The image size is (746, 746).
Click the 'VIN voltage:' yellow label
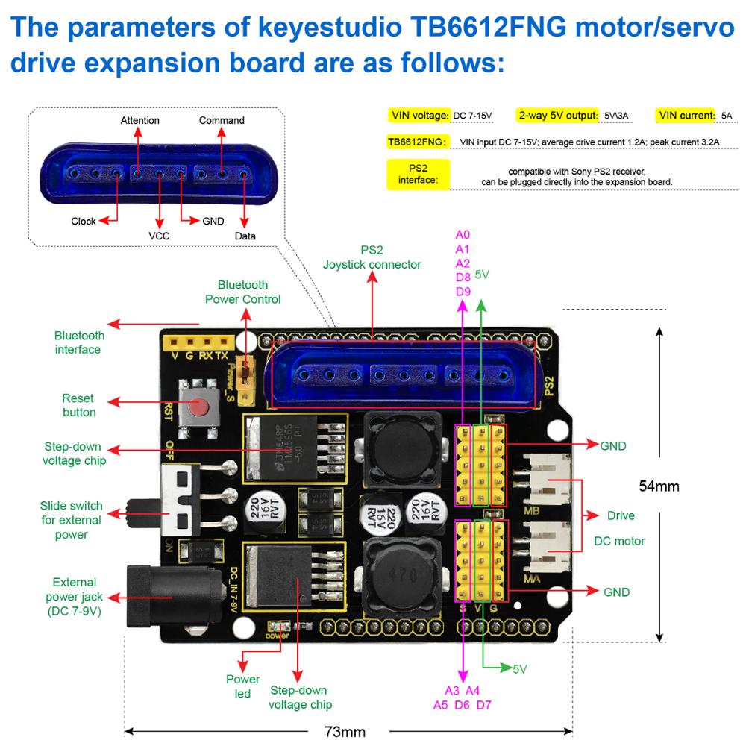(x=419, y=116)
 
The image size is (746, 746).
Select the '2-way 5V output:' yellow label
(x=559, y=116)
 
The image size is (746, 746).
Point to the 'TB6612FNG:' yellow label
(x=418, y=141)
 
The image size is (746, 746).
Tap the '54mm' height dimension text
(x=659, y=486)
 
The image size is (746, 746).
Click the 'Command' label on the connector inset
(x=222, y=121)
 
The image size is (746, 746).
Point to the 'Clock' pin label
(x=84, y=222)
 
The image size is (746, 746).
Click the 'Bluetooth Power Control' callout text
(x=243, y=292)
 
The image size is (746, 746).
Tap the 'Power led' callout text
(x=243, y=686)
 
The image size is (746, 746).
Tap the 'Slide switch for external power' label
(x=72, y=520)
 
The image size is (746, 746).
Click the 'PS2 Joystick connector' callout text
(x=372, y=257)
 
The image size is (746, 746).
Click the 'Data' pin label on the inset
(x=245, y=236)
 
